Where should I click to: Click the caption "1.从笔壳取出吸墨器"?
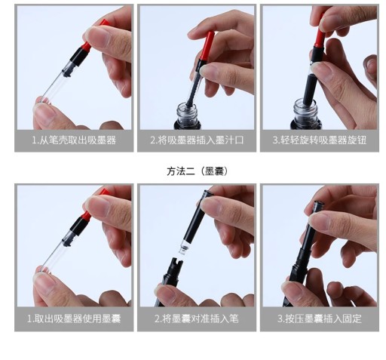(74, 140)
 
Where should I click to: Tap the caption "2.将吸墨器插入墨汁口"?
(197, 140)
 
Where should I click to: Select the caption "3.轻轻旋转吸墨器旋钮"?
(320, 140)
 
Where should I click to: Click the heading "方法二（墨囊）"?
(198, 171)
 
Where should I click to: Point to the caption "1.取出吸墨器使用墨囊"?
(74, 318)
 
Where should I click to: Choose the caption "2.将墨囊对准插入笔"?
(197, 318)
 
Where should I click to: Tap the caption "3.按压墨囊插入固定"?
(320, 318)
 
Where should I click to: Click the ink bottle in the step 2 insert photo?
(188, 116)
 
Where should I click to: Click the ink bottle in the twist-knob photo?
(305, 115)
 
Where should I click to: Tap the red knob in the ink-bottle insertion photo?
(207, 45)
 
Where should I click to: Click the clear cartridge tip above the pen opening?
(184, 247)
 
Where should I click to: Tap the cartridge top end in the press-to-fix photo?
(318, 205)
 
